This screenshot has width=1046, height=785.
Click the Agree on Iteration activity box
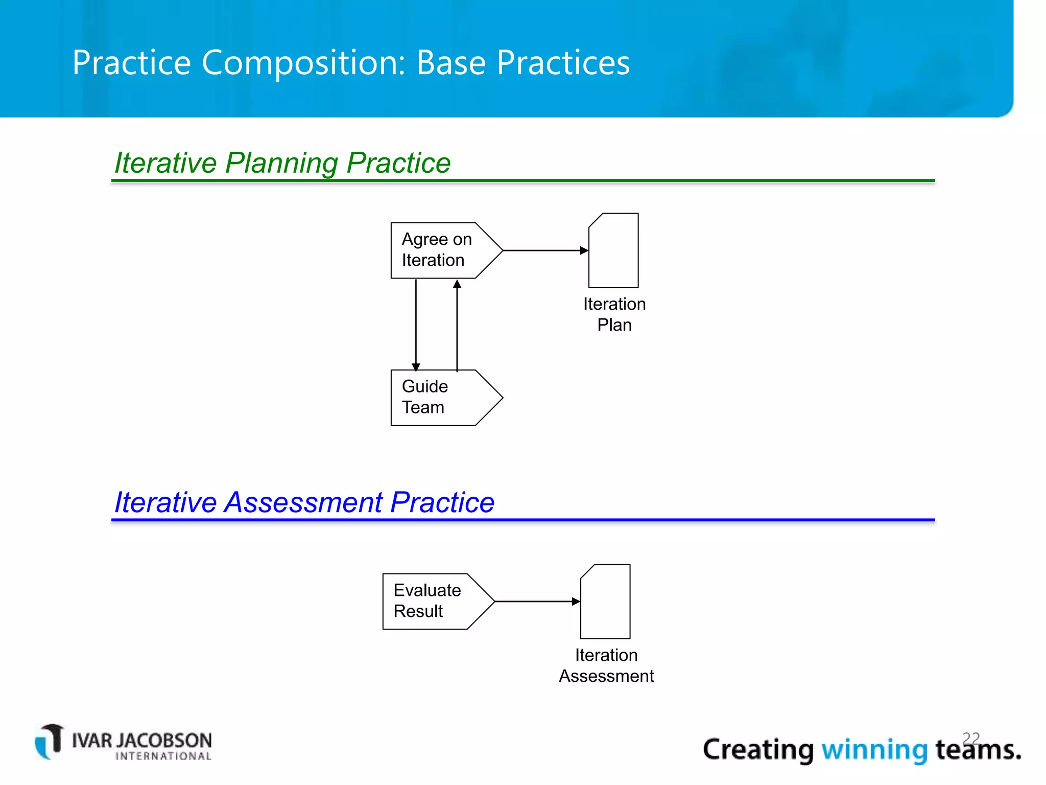click(439, 250)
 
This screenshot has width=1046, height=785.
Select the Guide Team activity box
click(439, 398)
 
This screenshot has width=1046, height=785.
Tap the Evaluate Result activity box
click(432, 601)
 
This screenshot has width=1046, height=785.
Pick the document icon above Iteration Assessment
click(606, 602)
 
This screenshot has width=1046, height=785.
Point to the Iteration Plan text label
click(614, 314)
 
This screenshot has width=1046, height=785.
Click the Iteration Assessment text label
click(606, 665)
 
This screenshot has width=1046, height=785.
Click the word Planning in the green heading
click(281, 163)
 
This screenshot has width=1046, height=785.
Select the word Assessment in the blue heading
click(303, 502)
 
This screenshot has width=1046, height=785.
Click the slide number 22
click(971, 738)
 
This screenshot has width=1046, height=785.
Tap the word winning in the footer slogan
click(874, 750)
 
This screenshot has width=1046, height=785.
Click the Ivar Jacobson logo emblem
click(50, 741)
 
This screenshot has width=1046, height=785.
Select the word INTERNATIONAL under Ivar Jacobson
click(163, 756)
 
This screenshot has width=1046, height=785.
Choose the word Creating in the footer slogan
click(758, 750)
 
